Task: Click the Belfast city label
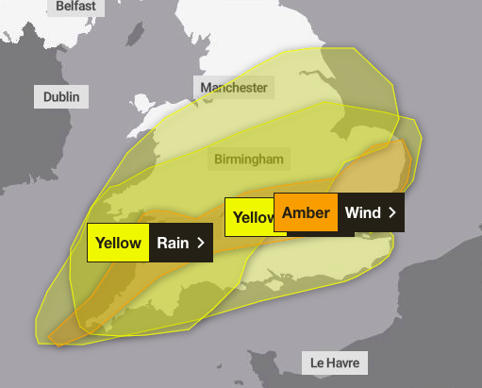coord(75,7)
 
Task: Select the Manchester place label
coord(234,88)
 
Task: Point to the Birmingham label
coord(248,159)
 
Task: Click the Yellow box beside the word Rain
coord(118,243)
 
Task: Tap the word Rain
coord(173,243)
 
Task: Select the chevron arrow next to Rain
coord(201,243)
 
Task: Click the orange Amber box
coord(306,212)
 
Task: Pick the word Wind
coord(362,212)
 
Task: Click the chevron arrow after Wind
coord(391,212)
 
